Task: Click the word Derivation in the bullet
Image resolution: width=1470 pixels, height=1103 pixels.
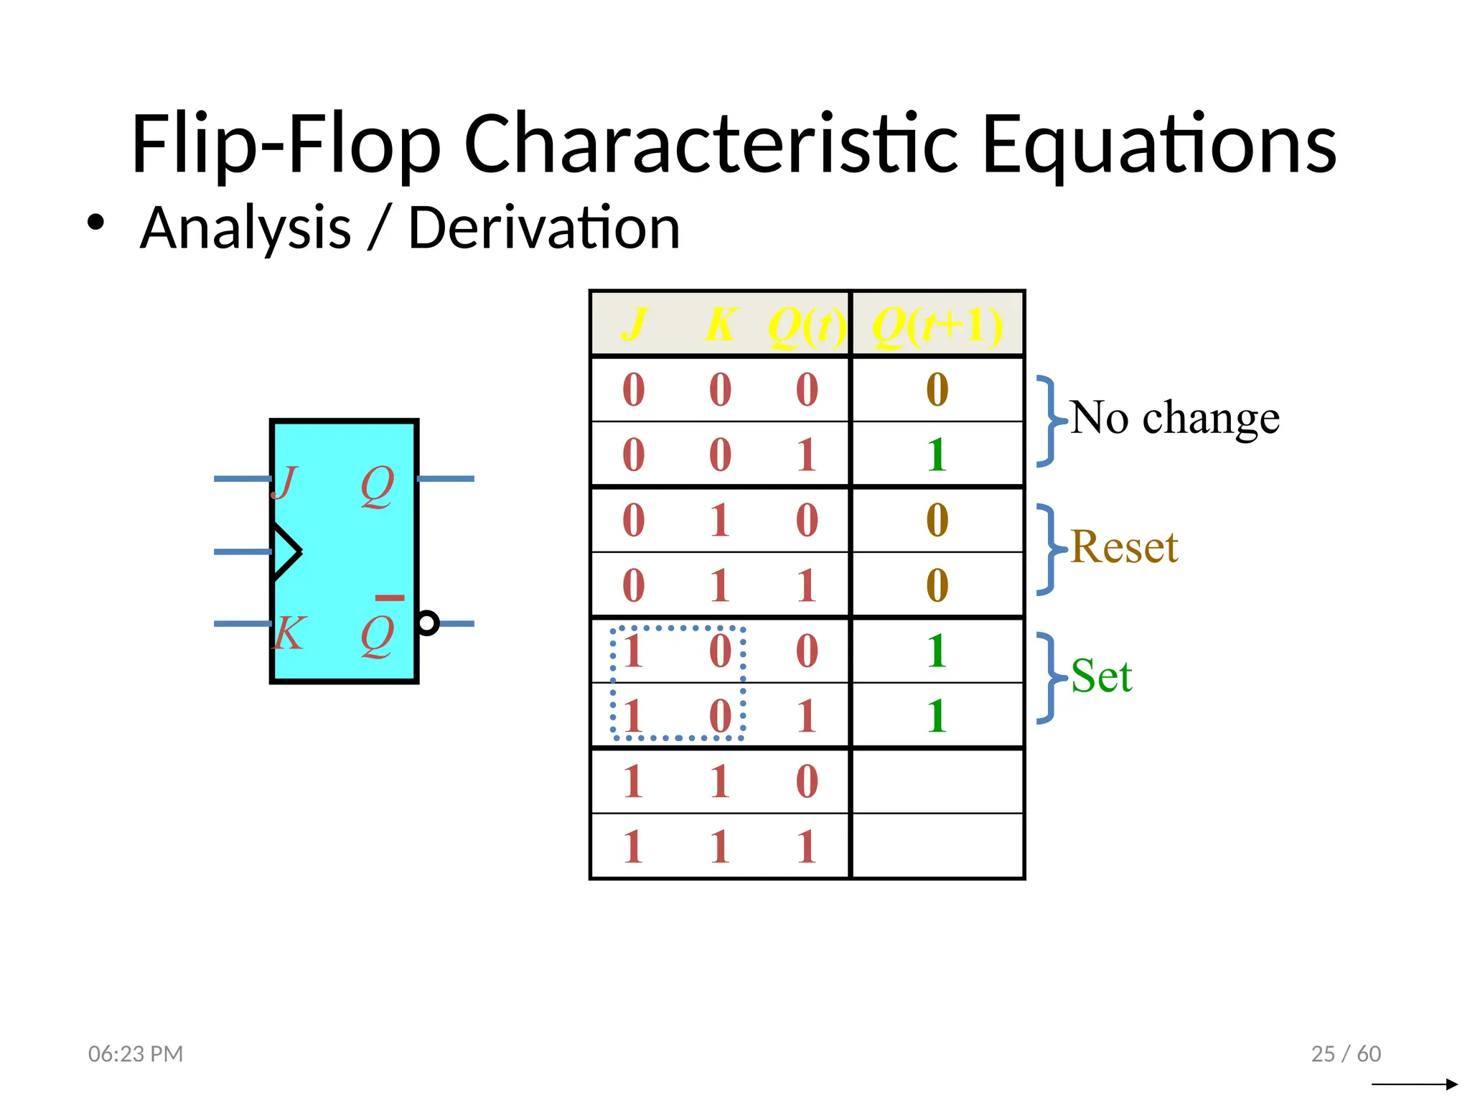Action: (x=543, y=228)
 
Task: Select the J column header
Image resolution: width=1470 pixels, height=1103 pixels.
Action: (x=634, y=325)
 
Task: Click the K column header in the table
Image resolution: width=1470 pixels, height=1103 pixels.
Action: (x=721, y=325)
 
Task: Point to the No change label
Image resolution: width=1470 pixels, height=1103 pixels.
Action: (x=1174, y=418)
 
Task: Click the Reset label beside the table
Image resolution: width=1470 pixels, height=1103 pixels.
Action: (x=1124, y=548)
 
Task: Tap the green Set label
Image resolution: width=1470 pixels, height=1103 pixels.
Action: (x=1101, y=676)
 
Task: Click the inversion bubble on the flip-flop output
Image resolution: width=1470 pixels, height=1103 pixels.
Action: (x=428, y=623)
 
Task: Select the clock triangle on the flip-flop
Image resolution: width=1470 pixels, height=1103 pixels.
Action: (x=286, y=551)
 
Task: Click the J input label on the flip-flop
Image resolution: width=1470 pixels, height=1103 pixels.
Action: (x=285, y=483)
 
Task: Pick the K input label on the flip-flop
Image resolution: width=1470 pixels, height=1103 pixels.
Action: (x=289, y=633)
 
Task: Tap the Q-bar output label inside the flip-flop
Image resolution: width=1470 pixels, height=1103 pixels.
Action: (x=378, y=632)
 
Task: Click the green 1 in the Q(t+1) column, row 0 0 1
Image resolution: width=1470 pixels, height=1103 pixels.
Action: (x=937, y=455)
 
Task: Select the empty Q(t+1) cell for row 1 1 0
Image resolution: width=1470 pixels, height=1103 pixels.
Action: (x=937, y=781)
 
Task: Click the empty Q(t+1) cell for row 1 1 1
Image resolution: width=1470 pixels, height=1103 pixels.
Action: (x=937, y=846)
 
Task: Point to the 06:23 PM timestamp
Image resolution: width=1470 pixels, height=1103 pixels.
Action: (x=136, y=1053)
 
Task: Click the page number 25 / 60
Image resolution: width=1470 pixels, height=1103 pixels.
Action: (x=1346, y=1053)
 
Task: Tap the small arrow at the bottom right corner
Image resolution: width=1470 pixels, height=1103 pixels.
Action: (x=1414, y=1084)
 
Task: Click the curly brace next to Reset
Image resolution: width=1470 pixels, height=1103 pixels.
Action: (x=1048, y=549)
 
